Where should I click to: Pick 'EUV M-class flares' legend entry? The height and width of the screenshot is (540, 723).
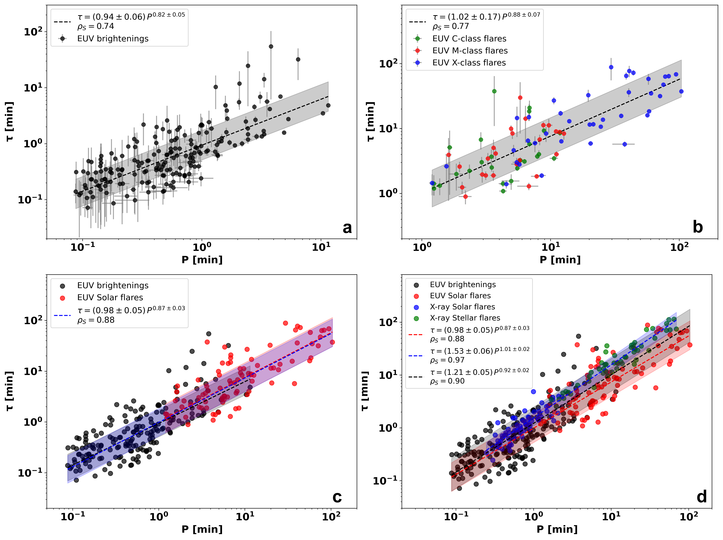point(470,51)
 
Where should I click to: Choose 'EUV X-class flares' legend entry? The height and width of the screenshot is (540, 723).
point(469,63)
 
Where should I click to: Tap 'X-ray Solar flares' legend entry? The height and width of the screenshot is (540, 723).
point(463,307)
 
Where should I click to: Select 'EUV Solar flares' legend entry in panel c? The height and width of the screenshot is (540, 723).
point(110,298)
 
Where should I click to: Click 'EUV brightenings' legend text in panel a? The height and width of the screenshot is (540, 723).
point(113,38)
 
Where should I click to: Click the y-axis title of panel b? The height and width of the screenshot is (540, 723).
point(370,122)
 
